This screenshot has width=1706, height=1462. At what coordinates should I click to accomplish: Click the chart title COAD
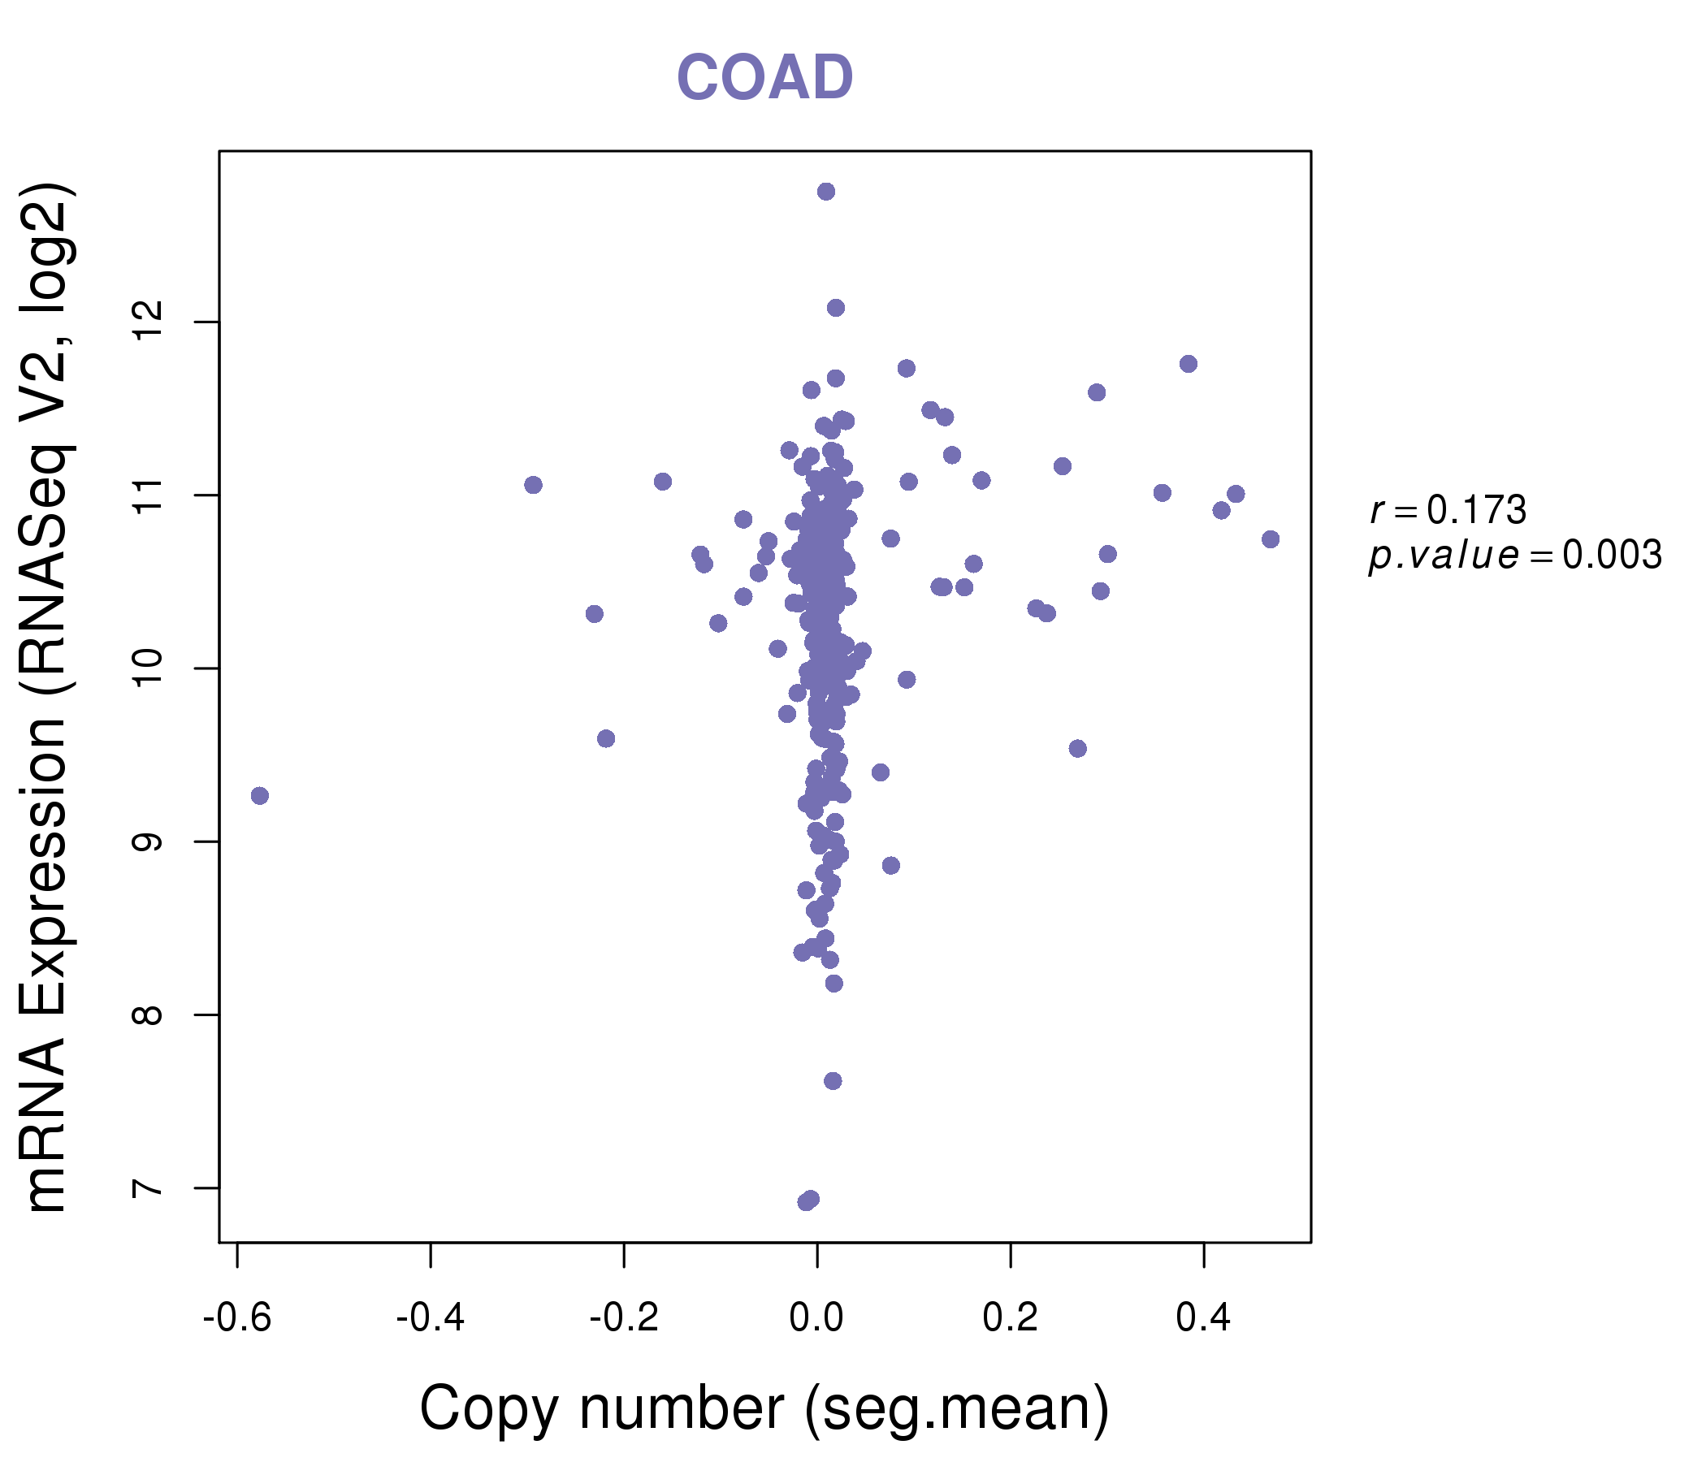coord(764,77)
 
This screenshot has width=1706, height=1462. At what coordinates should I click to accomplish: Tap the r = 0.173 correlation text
coord(1448,510)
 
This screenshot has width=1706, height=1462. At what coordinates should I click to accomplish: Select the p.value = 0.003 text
coord(1515,556)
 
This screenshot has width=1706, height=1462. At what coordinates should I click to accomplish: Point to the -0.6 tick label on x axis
coord(237,1318)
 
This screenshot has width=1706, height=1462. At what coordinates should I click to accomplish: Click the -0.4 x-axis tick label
coord(431,1318)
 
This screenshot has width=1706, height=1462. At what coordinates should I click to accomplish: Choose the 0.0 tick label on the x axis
coord(816,1318)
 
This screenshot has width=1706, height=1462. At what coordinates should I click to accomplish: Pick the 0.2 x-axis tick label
coord(1011,1318)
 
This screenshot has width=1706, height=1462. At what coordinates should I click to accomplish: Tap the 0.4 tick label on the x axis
coord(1204,1318)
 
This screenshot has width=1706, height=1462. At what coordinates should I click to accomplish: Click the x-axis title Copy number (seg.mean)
coord(764,1408)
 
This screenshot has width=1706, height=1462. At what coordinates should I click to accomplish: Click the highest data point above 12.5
coord(826,192)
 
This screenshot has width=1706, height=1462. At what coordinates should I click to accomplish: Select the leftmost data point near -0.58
coord(260,795)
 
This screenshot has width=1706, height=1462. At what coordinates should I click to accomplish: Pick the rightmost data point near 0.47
coord(1271,539)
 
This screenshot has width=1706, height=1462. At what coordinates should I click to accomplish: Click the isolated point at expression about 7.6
coord(833,1081)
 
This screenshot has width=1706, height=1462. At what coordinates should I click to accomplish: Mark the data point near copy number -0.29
coord(534,485)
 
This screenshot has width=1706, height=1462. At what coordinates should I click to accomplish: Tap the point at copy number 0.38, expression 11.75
coord(1188,364)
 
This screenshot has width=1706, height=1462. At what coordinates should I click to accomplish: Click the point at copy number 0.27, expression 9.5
coord(1078,748)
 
